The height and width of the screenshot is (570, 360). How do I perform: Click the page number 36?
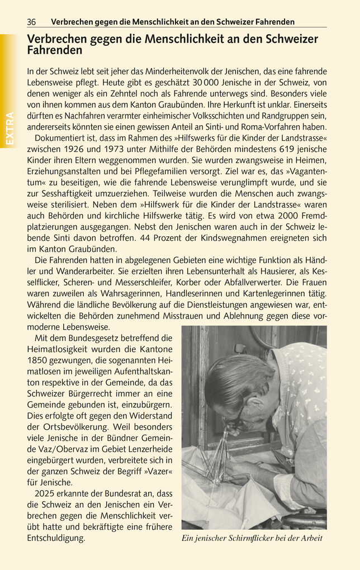pos(31,22)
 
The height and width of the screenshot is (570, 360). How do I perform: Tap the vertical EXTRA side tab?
pos(10,129)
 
